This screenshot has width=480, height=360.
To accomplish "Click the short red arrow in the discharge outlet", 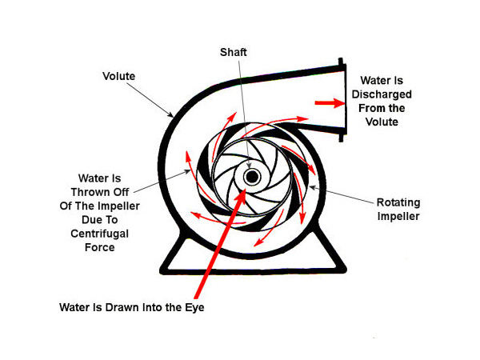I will click(x=326, y=102).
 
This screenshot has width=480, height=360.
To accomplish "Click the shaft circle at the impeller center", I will click(x=252, y=177).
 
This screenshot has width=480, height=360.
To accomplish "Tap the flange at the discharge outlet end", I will click(x=342, y=100).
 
